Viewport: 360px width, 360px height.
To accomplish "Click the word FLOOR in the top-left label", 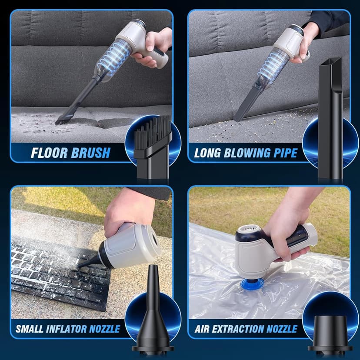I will pos(49,153).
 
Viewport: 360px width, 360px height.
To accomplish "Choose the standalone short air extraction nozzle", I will pos(330,333).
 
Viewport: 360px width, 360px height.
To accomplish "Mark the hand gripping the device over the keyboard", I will pos(126,209).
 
